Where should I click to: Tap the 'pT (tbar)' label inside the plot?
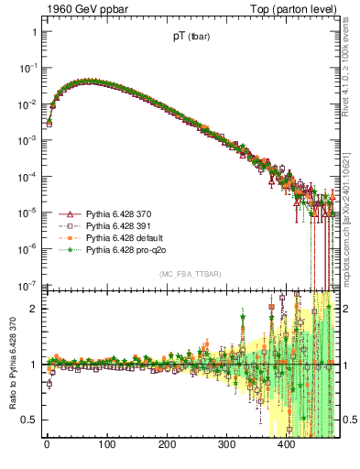(x=190, y=38)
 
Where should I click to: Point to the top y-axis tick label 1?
(x=34, y=32)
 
